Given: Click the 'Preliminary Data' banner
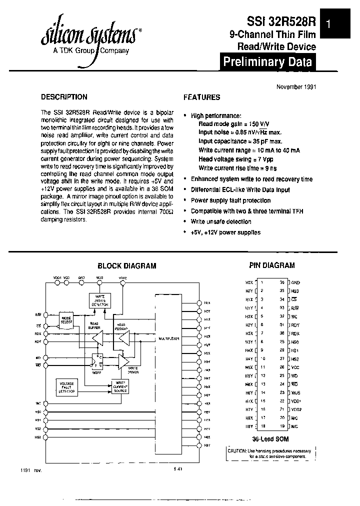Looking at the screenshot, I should [267, 62].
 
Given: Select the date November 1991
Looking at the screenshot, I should [296, 86].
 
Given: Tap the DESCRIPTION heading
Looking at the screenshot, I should [64, 97].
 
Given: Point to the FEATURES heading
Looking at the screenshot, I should [201, 97].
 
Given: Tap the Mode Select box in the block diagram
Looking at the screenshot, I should [67, 319].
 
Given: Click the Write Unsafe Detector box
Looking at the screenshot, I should [100, 300].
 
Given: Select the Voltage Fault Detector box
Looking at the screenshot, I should [67, 387].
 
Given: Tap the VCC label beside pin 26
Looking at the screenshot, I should [295, 366].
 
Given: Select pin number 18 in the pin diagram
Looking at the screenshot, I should [262, 425].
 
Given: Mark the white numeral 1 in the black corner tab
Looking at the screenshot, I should [328, 23].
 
